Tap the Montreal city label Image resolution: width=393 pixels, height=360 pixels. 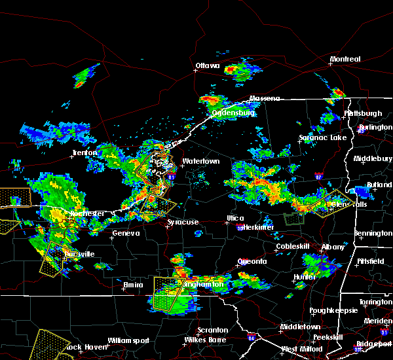(x=345, y=60)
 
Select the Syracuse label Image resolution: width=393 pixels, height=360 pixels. (x=183, y=223)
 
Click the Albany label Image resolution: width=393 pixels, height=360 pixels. (x=333, y=247)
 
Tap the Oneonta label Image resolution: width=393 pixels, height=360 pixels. (x=252, y=261)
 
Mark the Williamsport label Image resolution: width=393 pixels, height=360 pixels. (x=129, y=340)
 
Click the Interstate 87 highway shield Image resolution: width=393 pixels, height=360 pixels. (x=318, y=175)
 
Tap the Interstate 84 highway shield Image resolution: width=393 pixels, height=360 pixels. (x=252, y=338)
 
